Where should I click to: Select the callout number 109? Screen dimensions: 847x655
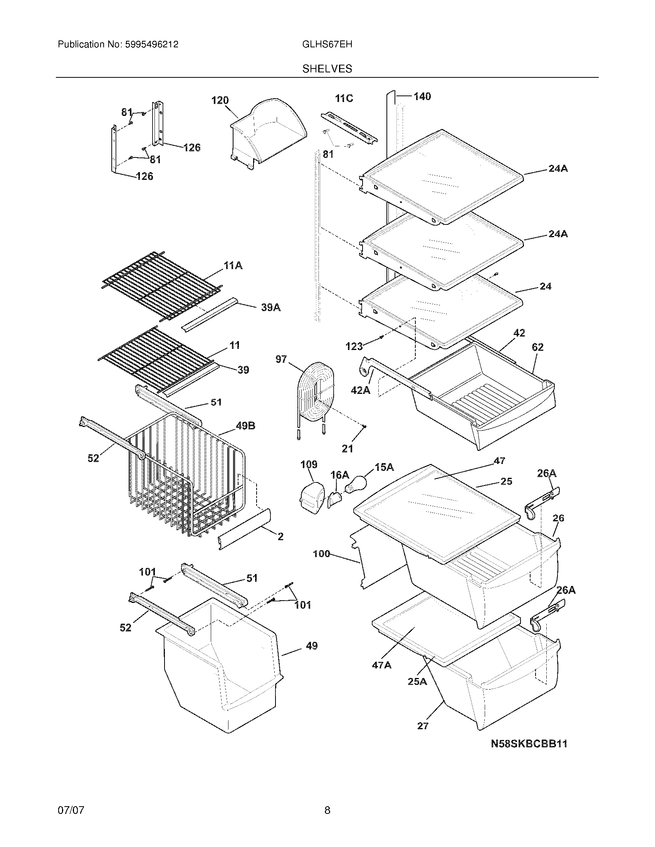pyautogui.click(x=309, y=465)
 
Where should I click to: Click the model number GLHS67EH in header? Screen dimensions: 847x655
pyautogui.click(x=327, y=44)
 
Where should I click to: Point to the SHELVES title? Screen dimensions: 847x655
pyautogui.click(x=327, y=69)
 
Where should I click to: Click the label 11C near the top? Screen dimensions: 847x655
pyautogui.click(x=344, y=99)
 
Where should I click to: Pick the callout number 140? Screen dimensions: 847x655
pyautogui.click(x=422, y=96)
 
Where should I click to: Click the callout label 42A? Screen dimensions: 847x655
pyautogui.click(x=360, y=390)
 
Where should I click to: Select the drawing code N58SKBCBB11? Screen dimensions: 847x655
pyautogui.click(x=529, y=744)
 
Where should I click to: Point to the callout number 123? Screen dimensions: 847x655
pyautogui.click(x=354, y=346)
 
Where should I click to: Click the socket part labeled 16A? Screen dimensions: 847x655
pyautogui.click(x=335, y=498)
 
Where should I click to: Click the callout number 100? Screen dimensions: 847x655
pyautogui.click(x=321, y=554)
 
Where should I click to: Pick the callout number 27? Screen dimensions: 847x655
pyautogui.click(x=423, y=726)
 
